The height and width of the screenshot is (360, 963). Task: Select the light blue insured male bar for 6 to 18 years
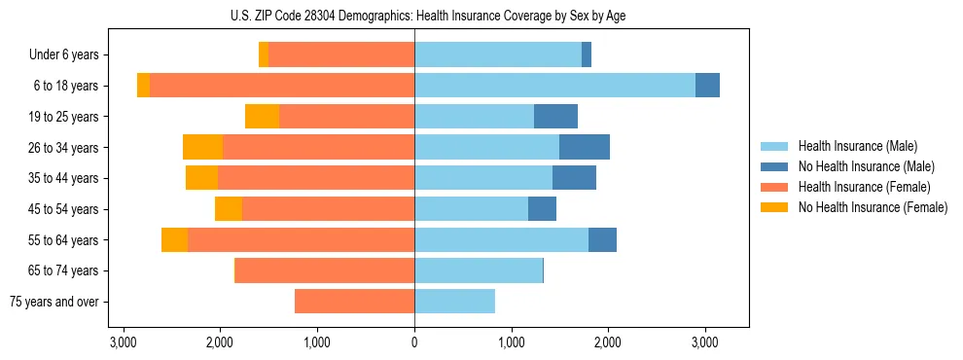point(554,86)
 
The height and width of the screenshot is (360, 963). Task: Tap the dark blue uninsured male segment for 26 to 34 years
point(584,147)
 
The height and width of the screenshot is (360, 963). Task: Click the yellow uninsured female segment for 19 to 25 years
point(262,117)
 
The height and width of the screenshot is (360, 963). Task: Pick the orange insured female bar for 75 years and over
point(354,302)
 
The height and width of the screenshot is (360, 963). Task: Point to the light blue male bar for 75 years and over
point(454,302)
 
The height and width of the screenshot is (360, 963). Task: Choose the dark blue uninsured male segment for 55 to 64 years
point(602,239)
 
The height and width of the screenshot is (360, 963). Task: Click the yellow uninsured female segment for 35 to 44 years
point(201,178)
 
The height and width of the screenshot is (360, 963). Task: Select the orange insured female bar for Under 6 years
point(341,54)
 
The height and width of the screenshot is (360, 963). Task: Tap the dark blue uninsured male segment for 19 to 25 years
point(555,117)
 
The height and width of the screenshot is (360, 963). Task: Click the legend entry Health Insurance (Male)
point(857,146)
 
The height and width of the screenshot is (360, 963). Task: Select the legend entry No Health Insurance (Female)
point(873,207)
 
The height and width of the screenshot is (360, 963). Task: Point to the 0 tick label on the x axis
point(414,342)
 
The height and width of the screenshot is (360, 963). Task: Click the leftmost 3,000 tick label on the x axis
point(124,342)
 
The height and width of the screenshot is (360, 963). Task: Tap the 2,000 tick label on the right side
point(608,342)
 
